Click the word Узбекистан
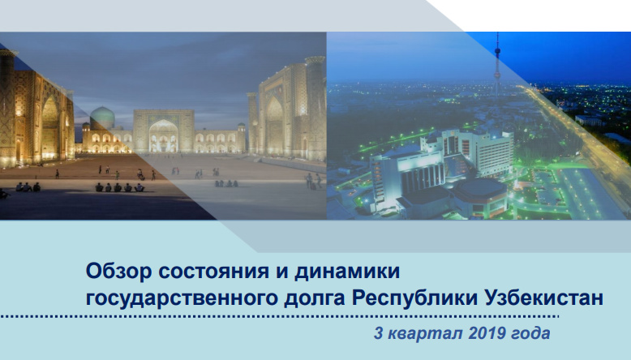[x=549, y=297]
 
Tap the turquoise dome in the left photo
[x=101, y=118]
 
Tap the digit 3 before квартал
[x=378, y=333]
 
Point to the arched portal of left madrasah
[x=49, y=126]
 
